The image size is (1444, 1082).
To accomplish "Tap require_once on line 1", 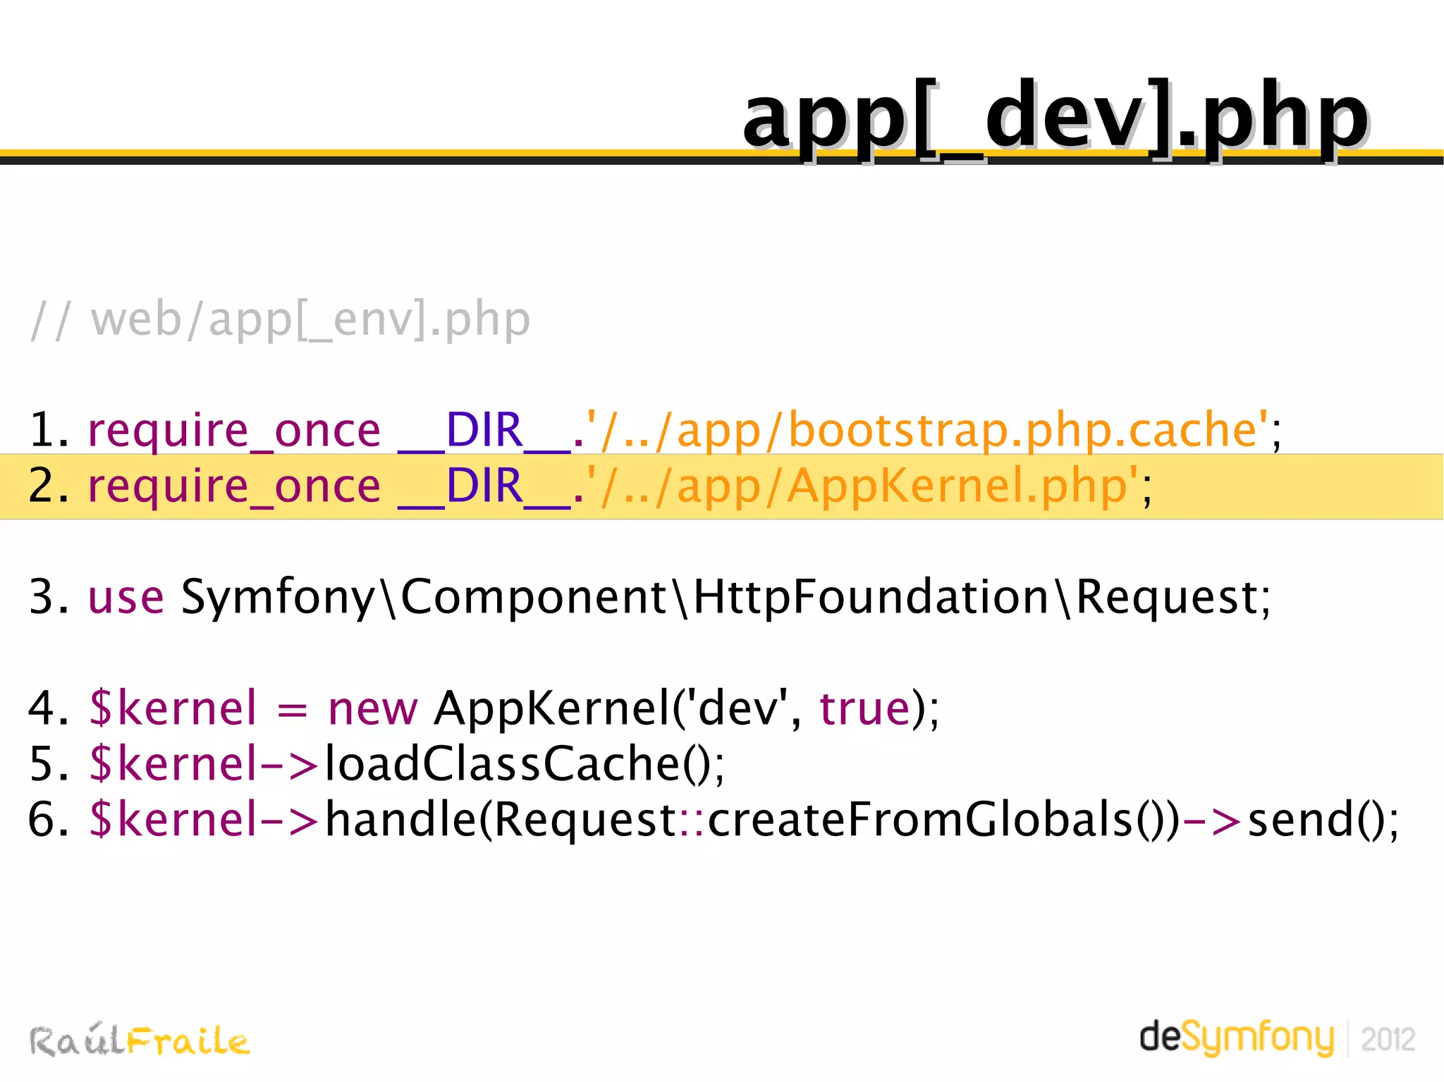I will click(233, 430).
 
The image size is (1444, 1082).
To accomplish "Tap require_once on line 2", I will click(233, 486).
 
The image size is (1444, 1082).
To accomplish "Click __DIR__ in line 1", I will click(484, 430).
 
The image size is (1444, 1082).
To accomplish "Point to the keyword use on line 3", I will click(126, 597).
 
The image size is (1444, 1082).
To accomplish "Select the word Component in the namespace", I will click(534, 597).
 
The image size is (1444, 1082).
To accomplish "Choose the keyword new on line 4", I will click(372, 708).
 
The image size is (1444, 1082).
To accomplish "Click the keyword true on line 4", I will click(864, 708).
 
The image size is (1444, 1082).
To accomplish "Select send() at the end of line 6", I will click(1321, 819).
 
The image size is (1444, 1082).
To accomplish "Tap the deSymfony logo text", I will click(1237, 1038).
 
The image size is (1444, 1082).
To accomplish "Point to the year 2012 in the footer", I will click(1388, 1040).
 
